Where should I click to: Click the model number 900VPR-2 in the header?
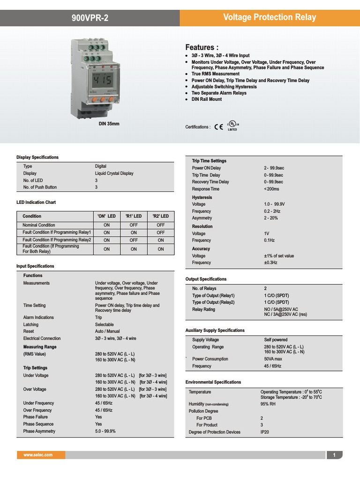[x=90, y=18]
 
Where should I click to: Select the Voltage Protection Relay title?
[x=270, y=18]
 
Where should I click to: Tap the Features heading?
[x=202, y=47]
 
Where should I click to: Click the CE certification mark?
[x=218, y=127]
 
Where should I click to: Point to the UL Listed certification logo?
[x=233, y=126]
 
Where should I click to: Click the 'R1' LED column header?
[x=134, y=216]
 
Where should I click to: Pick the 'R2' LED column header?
[x=161, y=216]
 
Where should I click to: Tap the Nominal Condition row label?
[x=39, y=225]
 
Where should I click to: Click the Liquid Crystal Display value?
[x=114, y=173]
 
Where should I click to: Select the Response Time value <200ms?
[x=271, y=189]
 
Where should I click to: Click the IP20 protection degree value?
[x=265, y=432]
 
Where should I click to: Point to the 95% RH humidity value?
[x=268, y=404]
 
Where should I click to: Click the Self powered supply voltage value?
[x=276, y=340]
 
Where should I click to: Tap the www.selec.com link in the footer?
[x=38, y=455]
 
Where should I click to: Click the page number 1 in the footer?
[x=334, y=455]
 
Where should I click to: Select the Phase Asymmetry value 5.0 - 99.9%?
[x=105, y=431]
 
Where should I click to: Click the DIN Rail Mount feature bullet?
[x=207, y=99]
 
